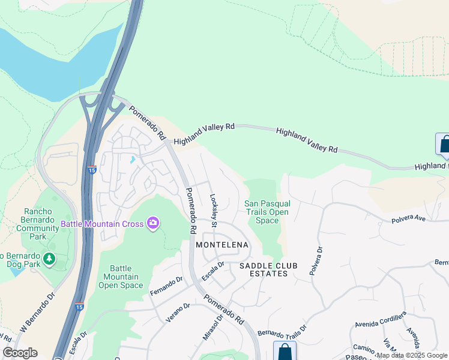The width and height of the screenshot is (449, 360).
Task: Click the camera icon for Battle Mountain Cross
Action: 153,224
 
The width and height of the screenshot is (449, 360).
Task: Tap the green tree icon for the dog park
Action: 49,259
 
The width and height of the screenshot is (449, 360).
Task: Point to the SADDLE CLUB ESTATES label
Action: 264,269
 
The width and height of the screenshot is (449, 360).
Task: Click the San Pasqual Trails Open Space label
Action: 267,212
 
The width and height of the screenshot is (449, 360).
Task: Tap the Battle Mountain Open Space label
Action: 119,277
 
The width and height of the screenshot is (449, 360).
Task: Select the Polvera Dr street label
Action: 315,260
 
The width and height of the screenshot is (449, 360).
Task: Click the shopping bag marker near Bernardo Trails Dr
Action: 285,352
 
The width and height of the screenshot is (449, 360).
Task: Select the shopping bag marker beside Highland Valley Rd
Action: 444,145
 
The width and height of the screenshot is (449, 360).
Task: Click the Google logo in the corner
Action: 20,353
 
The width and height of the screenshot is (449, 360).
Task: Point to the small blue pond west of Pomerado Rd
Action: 131,160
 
